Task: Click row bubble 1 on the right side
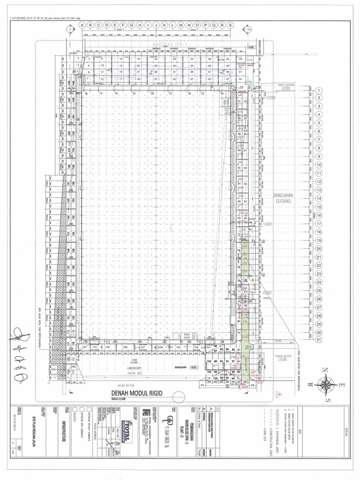pos(319,90)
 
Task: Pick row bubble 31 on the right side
pos(319,339)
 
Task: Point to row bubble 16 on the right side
pos(319,215)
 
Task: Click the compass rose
pos(324,385)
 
